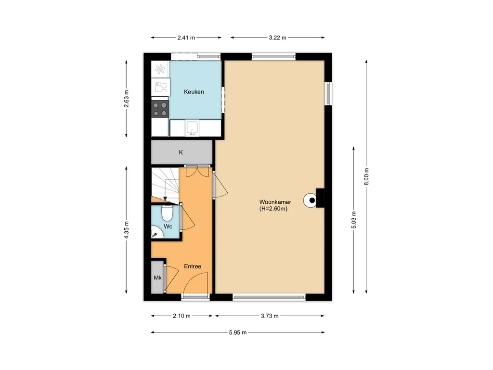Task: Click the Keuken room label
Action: click(x=194, y=92)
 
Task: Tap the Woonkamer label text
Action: click(x=275, y=202)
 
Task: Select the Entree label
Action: click(x=193, y=266)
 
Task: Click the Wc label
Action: click(x=168, y=226)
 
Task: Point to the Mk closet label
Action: click(x=157, y=277)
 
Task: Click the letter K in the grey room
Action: click(x=181, y=152)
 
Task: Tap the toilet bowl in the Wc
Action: click(x=167, y=213)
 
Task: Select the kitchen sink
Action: click(x=192, y=128)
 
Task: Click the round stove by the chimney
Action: click(x=310, y=200)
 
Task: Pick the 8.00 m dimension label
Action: click(x=366, y=177)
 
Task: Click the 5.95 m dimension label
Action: click(x=238, y=332)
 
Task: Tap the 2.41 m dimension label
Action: click(x=186, y=38)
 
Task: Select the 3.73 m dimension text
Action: click(x=270, y=316)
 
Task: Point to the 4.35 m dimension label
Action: click(x=127, y=230)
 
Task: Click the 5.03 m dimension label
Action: click(x=354, y=220)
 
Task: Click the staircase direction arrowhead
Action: click(x=165, y=198)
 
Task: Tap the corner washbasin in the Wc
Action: click(x=156, y=233)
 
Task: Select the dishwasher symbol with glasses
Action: click(x=160, y=87)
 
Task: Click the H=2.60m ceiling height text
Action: click(x=273, y=209)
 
